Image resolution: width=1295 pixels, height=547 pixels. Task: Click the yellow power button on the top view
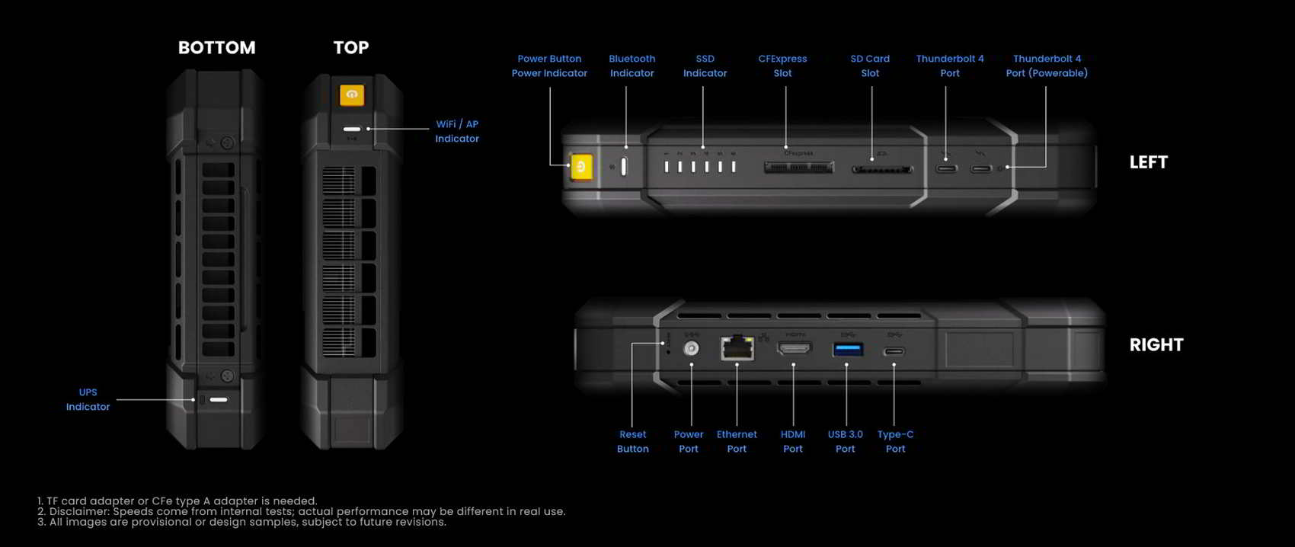coord(351,94)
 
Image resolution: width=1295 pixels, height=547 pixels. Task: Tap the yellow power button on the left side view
coord(581,167)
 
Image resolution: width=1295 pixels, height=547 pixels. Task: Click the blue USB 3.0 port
coord(848,349)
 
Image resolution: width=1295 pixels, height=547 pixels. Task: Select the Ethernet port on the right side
coord(737,347)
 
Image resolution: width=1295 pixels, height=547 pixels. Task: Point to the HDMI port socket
coord(794,348)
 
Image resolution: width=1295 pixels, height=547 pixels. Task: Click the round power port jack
coord(691,348)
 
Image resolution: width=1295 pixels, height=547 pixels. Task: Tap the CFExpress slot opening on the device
coord(798,167)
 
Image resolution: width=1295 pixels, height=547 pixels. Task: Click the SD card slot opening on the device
coord(881,169)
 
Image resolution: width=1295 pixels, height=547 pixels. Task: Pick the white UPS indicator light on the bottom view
coord(219,399)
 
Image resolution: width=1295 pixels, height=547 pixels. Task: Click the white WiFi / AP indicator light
coord(351,129)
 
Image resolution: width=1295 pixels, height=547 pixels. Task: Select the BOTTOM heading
coord(216,48)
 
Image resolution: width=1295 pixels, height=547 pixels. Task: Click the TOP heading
coord(350,48)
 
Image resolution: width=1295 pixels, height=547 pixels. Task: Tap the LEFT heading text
coord(1148,162)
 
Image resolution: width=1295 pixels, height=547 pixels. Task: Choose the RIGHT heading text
coord(1156,345)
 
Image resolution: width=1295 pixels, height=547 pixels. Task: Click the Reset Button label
coord(632,442)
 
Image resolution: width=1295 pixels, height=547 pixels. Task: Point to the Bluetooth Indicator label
coord(632,66)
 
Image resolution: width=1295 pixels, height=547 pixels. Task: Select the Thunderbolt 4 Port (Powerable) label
coord(1046,66)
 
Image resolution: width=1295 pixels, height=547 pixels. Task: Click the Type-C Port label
coord(895,442)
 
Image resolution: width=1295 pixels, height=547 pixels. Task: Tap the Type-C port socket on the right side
coord(894,351)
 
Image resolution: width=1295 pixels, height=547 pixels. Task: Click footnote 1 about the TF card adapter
coord(177,501)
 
